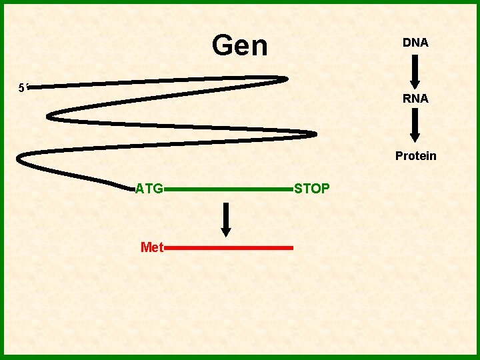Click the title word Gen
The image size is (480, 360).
(239, 46)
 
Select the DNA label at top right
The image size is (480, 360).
(415, 43)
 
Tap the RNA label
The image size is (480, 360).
(415, 99)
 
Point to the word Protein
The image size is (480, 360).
(415, 156)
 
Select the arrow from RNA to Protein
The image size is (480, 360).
(415, 126)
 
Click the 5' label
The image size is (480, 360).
(22, 87)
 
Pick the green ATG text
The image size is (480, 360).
(149, 189)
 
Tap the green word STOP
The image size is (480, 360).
(311, 189)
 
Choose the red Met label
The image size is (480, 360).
(152, 247)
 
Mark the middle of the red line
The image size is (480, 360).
(229, 247)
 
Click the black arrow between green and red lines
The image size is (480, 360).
(226, 219)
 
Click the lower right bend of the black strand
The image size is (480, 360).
(313, 134)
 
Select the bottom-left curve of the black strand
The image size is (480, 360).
(21, 160)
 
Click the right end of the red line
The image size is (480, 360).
(292, 247)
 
